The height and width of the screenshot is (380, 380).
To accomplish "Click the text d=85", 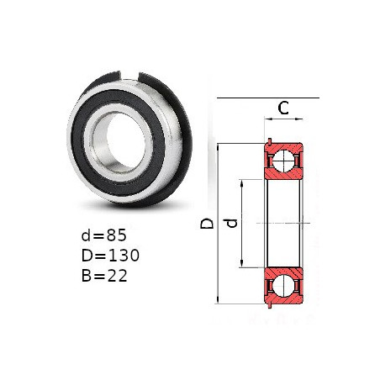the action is [x=104, y=235].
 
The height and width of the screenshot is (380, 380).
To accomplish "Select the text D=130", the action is [x=110, y=256].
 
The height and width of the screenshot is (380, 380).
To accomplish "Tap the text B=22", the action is [x=104, y=276].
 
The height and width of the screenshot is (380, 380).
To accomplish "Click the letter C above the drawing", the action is [x=283, y=108].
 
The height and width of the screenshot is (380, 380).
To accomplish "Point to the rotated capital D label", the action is [x=207, y=224].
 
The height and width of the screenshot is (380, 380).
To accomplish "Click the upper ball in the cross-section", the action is [x=283, y=161].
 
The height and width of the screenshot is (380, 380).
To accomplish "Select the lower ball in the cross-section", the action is [x=283, y=286].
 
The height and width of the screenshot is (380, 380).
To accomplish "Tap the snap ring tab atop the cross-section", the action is [x=270, y=141].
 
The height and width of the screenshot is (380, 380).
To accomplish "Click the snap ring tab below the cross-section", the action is [x=270, y=305].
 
